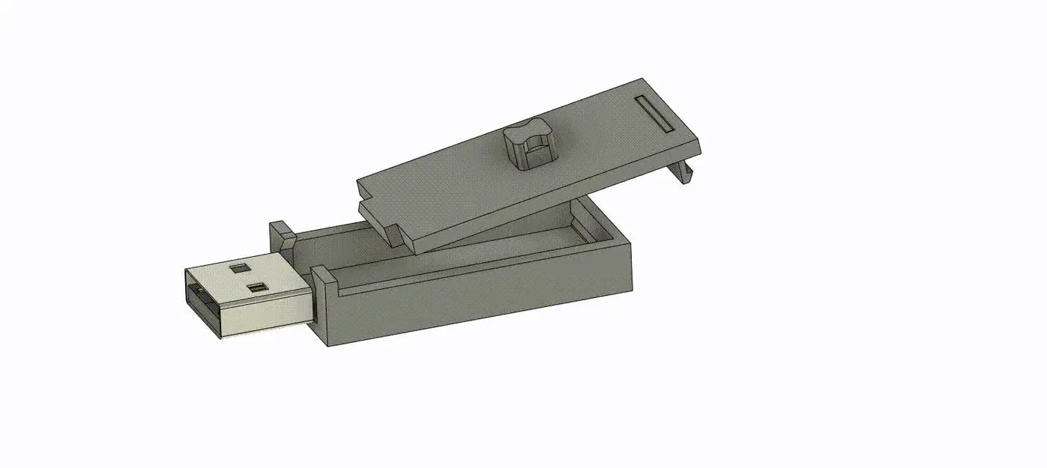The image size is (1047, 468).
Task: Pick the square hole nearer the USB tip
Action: (x=258, y=287)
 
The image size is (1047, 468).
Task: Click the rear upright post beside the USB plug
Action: (x=283, y=234)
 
